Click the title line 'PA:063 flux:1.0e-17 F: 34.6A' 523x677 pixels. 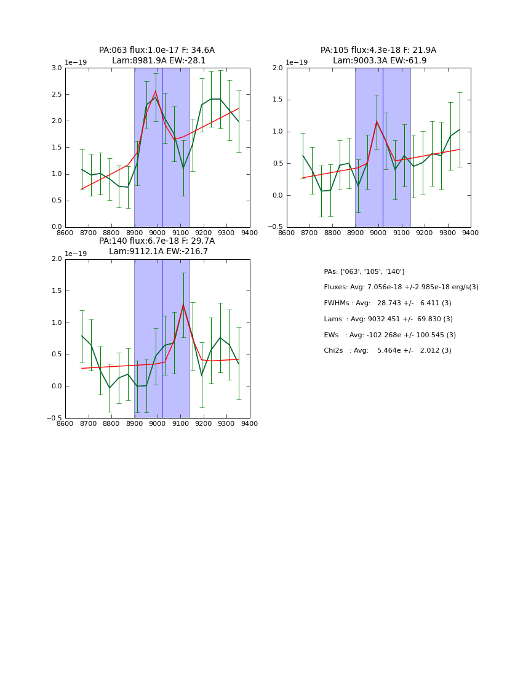pos(157,50)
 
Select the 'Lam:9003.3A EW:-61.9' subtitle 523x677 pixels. pos(380,61)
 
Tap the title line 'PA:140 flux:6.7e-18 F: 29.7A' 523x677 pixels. pos(157,241)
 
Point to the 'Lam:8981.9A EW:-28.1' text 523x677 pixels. pos(159,61)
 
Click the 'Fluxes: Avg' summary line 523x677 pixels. pos(401,287)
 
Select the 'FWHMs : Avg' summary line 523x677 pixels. pos(388,303)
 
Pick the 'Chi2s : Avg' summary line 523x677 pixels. pos(388,351)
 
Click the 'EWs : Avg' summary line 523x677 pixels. pos(389,335)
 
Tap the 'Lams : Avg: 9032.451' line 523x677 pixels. pos(388,319)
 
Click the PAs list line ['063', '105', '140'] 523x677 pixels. pos(364,272)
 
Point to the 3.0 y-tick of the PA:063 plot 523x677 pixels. pos(56,68)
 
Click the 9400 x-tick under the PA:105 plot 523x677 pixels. pos(471,232)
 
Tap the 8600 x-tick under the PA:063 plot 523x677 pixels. pos(65,232)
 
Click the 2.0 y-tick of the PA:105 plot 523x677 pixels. pos(277,68)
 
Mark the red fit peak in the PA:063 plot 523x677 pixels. pos(156,91)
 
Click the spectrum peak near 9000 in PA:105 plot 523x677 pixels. pos(377,121)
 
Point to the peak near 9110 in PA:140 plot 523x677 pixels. pos(183,305)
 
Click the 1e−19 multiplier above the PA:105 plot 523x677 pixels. pos(297,62)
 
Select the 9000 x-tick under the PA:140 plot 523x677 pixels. pos(158,423)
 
